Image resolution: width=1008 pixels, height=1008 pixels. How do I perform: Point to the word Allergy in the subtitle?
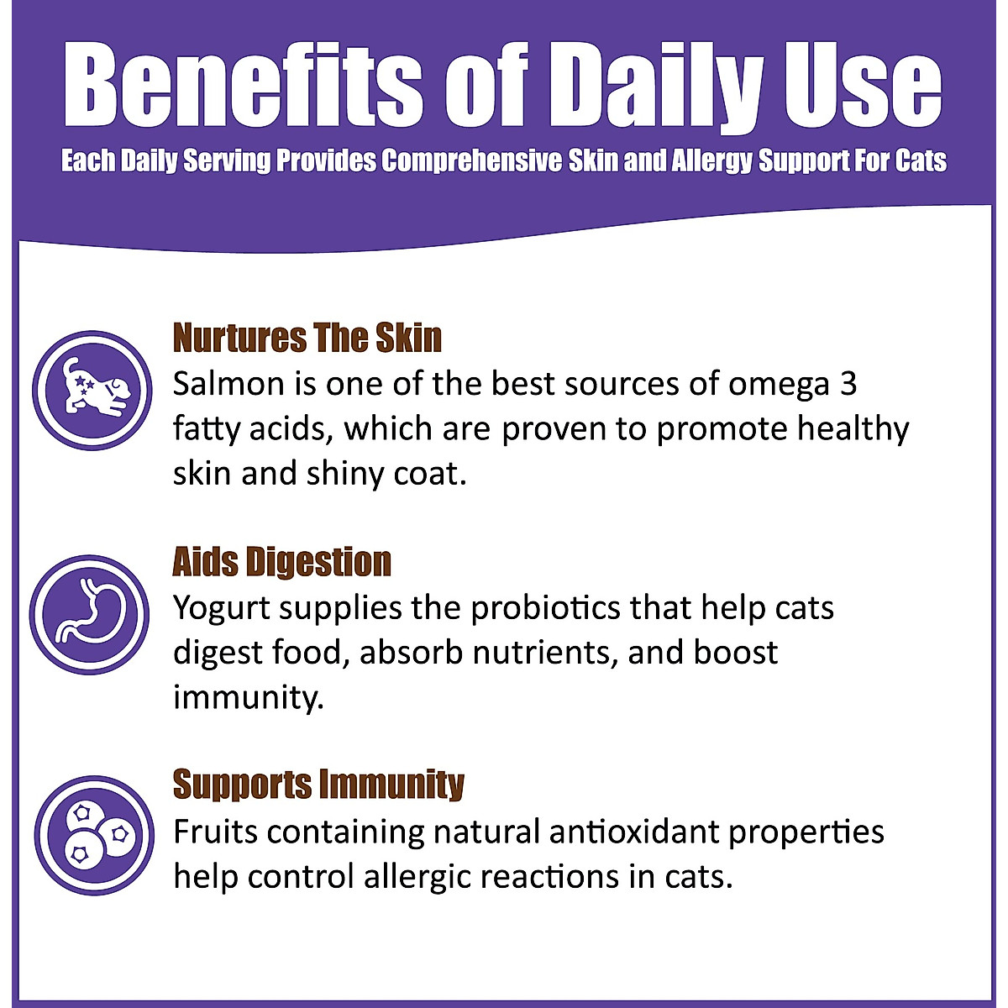tap(713, 160)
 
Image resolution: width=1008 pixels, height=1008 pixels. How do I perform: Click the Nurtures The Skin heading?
tap(307, 338)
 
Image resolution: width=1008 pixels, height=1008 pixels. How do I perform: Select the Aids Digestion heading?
tap(282, 561)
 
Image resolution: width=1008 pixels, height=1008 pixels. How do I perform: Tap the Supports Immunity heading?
tap(318, 784)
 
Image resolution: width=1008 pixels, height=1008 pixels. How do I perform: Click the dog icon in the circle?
tap(92, 389)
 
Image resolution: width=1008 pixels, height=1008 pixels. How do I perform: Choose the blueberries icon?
tap(94, 835)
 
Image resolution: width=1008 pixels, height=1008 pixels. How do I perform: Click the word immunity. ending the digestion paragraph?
tap(248, 696)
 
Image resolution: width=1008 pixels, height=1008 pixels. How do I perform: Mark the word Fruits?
tap(214, 832)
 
